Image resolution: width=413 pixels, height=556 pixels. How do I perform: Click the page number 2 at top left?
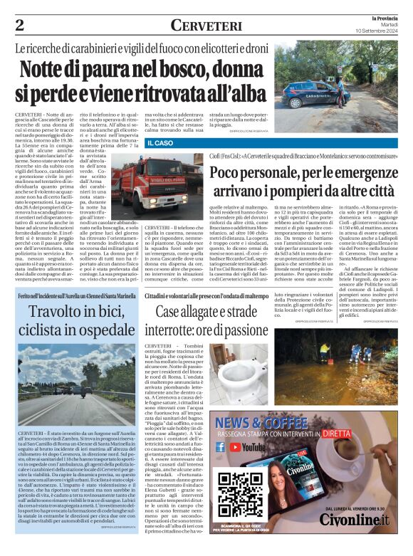click(19, 25)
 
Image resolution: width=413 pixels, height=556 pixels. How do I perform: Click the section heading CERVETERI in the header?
click(206, 25)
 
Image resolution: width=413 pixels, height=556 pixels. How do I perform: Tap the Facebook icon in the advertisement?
click(221, 447)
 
